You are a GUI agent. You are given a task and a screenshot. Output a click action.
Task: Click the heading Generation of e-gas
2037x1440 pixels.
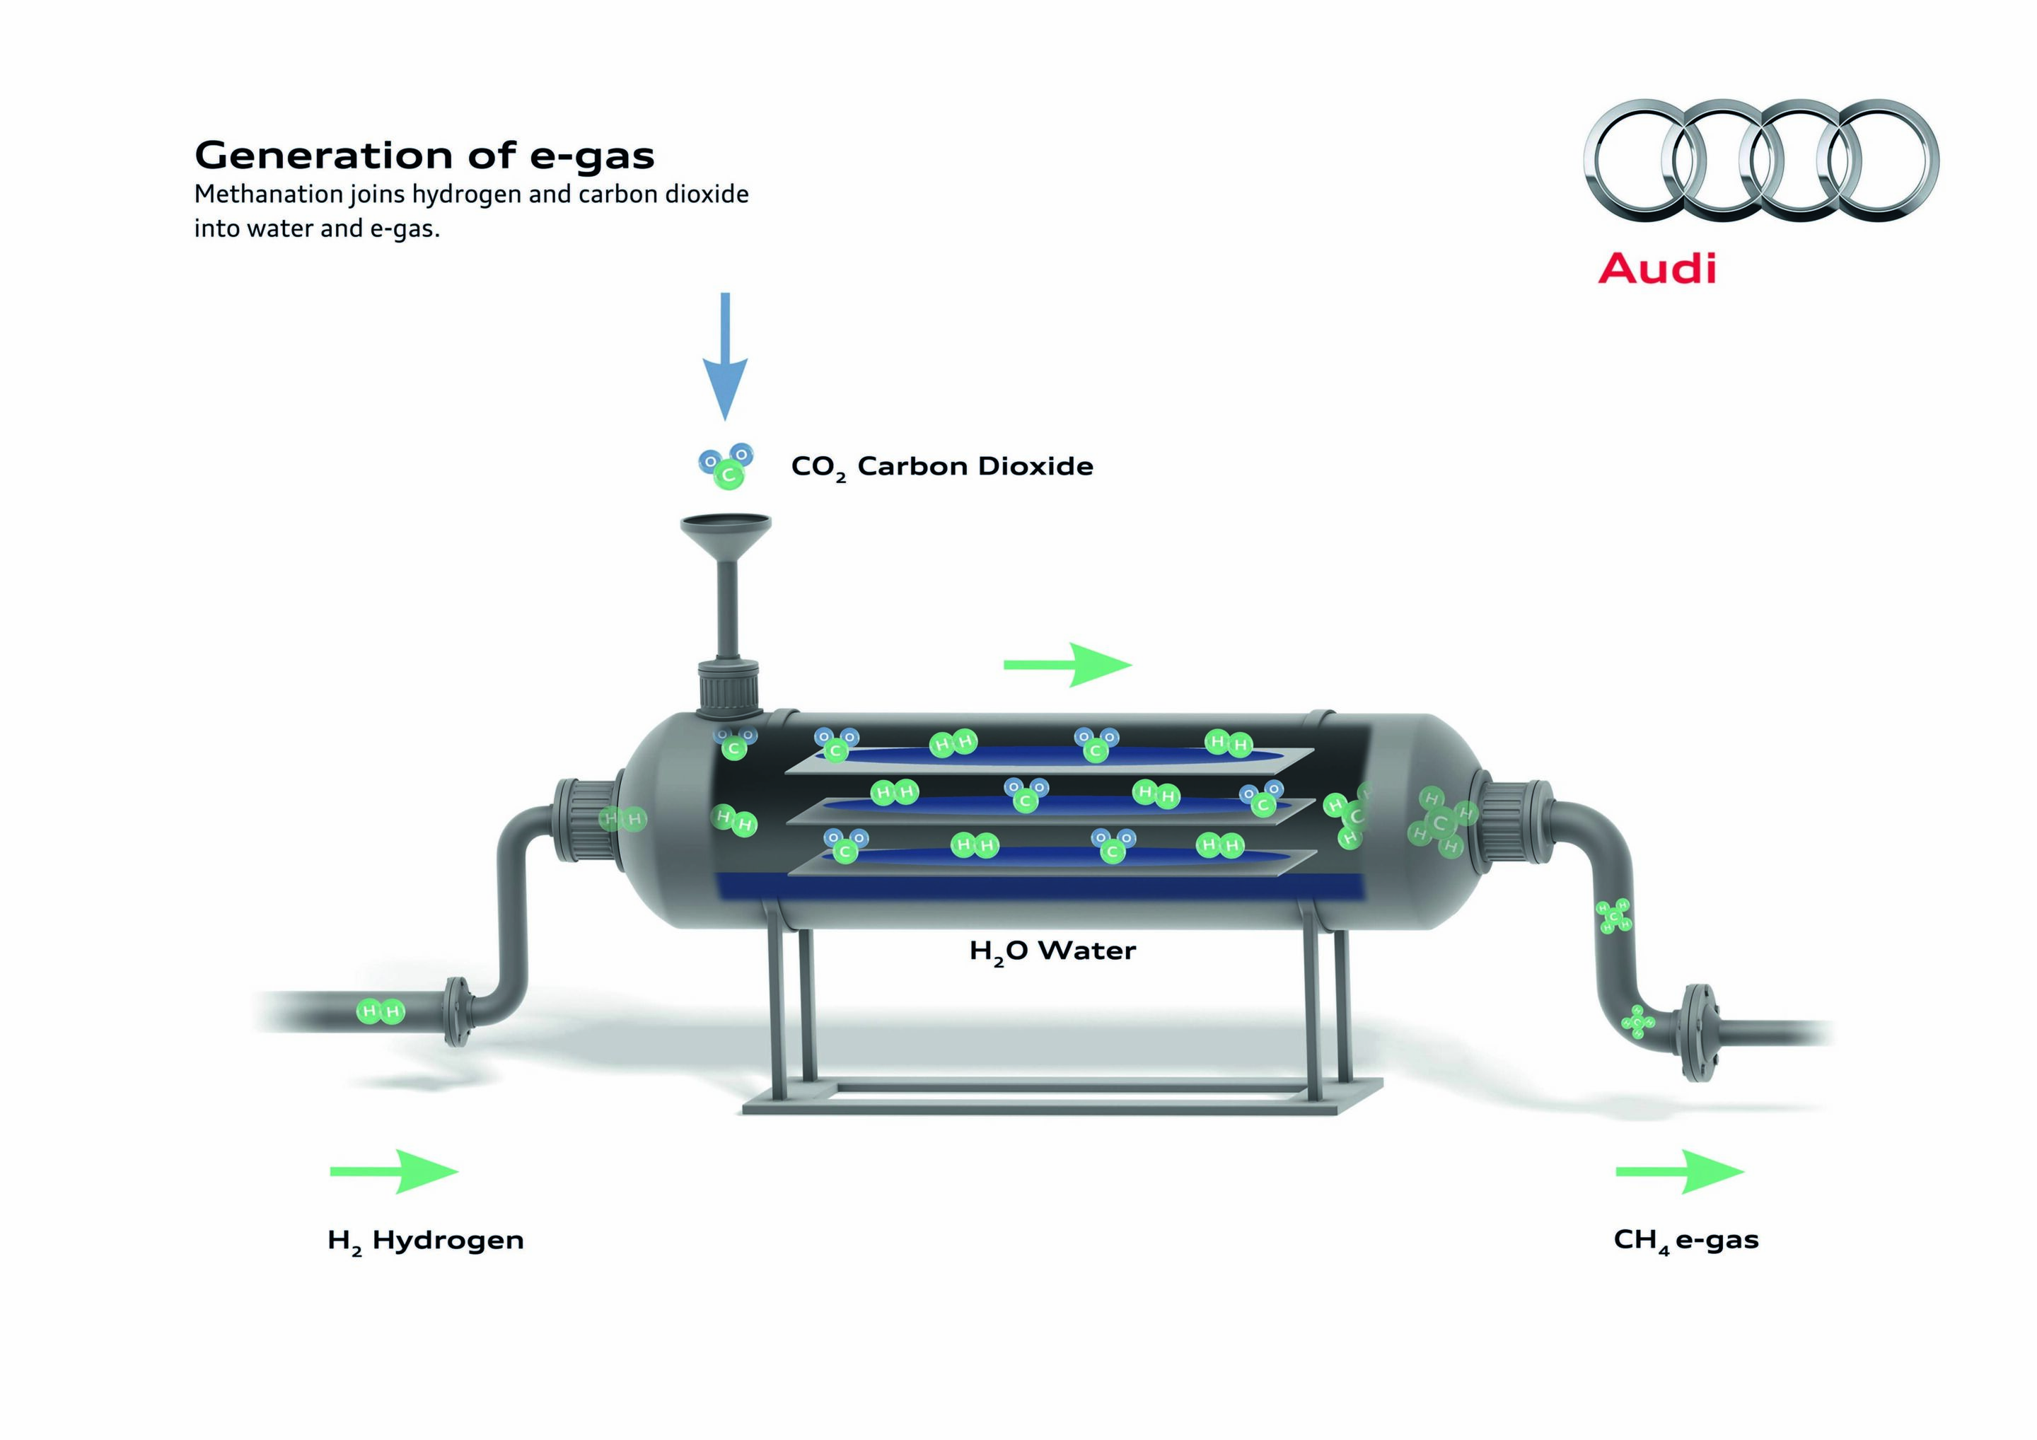(424, 156)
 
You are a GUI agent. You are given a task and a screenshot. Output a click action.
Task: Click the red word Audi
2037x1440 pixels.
(1657, 268)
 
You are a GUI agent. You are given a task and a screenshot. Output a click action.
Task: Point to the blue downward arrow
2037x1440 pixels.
(725, 356)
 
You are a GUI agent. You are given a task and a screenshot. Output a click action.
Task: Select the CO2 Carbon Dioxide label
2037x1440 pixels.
(942, 468)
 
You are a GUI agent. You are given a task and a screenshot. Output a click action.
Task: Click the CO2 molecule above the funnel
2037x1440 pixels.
(726, 466)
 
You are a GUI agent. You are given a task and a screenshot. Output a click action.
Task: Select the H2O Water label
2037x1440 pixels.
(1052, 952)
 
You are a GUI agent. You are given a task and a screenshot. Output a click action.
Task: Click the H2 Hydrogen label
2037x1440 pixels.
(426, 1241)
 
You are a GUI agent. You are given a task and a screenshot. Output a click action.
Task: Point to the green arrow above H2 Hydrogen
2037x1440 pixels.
(394, 1171)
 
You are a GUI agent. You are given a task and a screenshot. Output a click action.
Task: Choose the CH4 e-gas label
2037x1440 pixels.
(1685, 1241)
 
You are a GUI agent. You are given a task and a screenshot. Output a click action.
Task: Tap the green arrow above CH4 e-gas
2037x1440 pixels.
(1679, 1171)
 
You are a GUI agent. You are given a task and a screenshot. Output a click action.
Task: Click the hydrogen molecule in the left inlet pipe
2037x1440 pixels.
(381, 1011)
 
